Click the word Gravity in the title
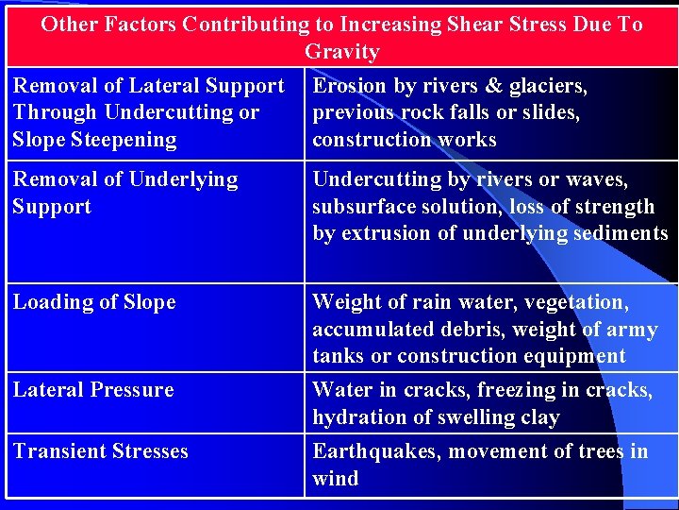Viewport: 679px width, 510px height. (341, 51)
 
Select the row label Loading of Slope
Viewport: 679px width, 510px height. (94, 302)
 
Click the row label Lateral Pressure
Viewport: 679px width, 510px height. (93, 389)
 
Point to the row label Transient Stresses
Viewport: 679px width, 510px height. (100, 451)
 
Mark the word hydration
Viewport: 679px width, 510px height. (356, 416)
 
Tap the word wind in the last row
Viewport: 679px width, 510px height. (336, 478)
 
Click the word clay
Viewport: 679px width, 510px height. (538, 416)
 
